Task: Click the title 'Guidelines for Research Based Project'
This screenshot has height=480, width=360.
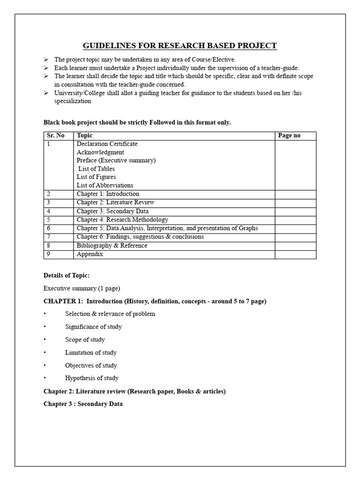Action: tap(180, 45)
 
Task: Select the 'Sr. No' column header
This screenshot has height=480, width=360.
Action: tap(56, 135)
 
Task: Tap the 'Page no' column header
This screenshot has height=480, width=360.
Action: tap(289, 135)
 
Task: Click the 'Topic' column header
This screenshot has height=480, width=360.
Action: tap(85, 135)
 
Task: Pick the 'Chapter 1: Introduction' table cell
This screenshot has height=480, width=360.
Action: tap(108, 194)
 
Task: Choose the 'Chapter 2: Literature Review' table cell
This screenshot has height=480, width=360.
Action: tap(115, 202)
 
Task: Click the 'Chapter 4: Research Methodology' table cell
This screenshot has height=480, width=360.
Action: tap(122, 220)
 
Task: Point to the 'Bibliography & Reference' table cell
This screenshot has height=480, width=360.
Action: tap(112, 246)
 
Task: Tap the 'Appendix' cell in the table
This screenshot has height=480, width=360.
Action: tap(90, 254)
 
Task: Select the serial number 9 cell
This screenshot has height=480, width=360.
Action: tap(49, 254)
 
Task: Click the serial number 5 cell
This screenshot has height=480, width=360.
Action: tap(49, 220)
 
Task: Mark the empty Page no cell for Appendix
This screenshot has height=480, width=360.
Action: tap(295, 254)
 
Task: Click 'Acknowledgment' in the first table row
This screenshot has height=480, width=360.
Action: tap(100, 152)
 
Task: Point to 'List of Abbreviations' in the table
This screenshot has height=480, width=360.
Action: tap(105, 185)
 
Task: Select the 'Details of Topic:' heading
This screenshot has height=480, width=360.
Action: tap(66, 275)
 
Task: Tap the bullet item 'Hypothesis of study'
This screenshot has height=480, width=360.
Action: tap(92, 378)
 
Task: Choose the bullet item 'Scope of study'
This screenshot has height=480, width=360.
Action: tap(85, 339)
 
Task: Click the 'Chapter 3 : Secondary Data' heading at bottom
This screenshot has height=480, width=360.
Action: tap(83, 404)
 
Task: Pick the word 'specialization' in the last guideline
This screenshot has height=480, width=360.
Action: tap(73, 101)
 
